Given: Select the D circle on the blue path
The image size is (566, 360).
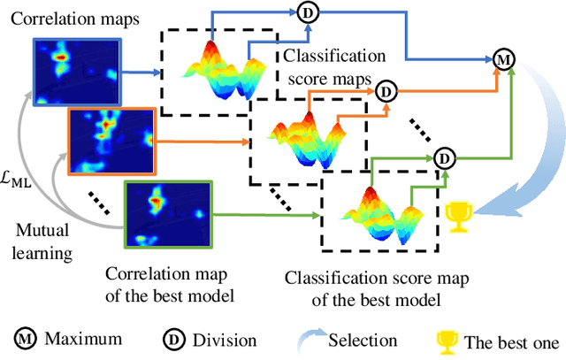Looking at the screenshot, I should (x=308, y=11).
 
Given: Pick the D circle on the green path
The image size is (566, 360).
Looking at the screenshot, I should (x=446, y=158).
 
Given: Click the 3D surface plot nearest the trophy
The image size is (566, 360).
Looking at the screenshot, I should (x=379, y=211).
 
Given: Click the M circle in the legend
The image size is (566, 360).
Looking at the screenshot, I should (x=26, y=339).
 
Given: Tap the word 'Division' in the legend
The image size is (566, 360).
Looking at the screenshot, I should (x=226, y=340).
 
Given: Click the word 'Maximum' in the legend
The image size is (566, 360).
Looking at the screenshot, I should (x=83, y=339).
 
